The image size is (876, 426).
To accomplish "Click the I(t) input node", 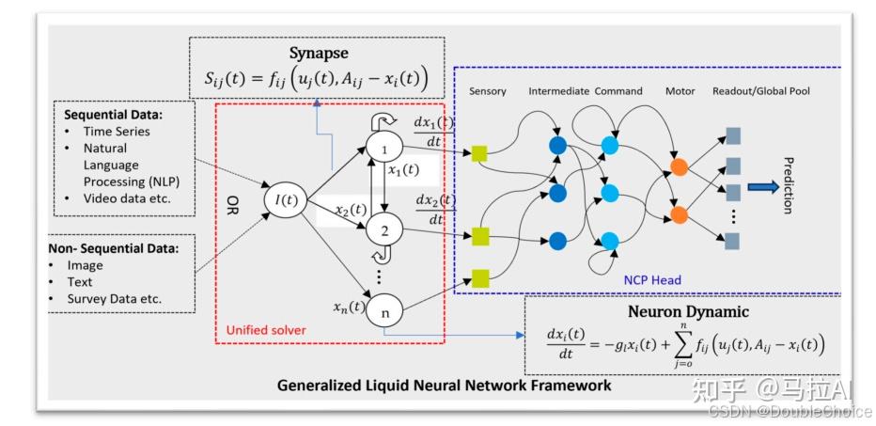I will (x=280, y=198).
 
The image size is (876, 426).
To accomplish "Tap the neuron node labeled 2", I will (x=383, y=229).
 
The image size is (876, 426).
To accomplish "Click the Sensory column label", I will (x=486, y=91).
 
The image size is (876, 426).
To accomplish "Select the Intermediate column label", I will (x=559, y=91).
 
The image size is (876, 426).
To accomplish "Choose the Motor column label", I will (x=680, y=91).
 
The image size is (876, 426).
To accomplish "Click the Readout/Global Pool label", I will (x=761, y=91).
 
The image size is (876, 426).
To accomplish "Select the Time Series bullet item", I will (x=117, y=131).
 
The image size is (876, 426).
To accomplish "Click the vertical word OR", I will (x=232, y=204).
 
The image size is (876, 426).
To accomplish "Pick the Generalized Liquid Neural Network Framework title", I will (x=444, y=385).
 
